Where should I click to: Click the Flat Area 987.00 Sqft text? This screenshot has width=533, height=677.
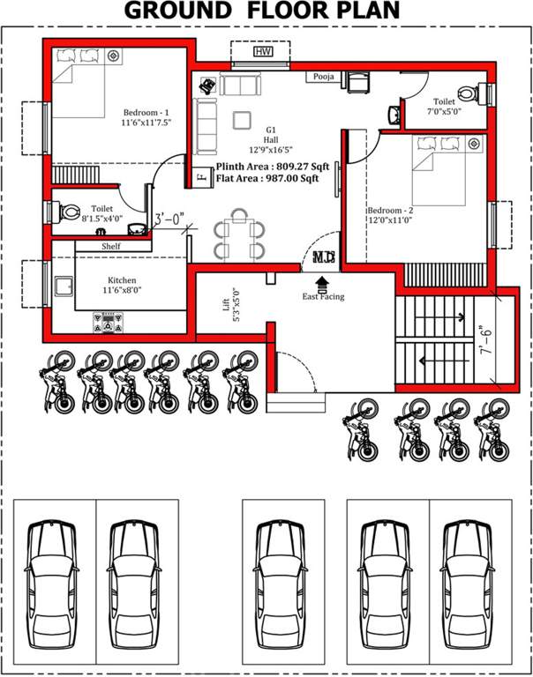click(x=267, y=179)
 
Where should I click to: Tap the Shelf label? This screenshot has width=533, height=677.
click(x=111, y=247)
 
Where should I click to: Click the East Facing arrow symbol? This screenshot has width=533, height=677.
click(x=321, y=281)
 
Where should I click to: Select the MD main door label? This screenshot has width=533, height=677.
click(x=323, y=258)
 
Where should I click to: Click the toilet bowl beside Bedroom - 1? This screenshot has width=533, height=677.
click(x=69, y=212)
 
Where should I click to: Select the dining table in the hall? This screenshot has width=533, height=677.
click(x=239, y=234)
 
